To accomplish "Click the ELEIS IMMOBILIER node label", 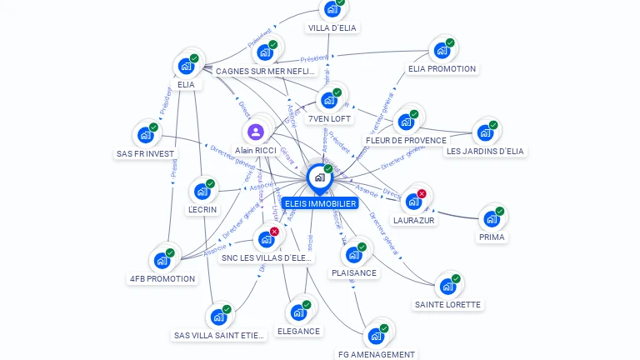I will (x=320, y=203).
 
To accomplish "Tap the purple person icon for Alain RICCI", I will (x=256, y=132).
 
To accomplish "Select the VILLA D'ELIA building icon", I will (x=332, y=9).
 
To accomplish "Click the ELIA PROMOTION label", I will (x=442, y=69).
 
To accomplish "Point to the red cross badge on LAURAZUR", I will (x=422, y=193).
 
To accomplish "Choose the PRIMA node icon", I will (x=491, y=219).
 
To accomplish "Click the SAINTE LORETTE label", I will (x=447, y=305).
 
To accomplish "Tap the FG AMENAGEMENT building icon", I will (x=375, y=336).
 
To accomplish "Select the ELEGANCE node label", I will (x=298, y=332).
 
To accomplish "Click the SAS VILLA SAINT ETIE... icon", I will (x=218, y=317).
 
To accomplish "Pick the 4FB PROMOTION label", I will (x=162, y=279).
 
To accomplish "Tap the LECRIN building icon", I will (x=202, y=191).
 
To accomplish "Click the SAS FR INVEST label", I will (x=146, y=154).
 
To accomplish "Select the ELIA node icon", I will (x=186, y=66).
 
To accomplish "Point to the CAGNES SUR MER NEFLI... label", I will (x=265, y=72).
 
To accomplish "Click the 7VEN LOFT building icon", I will (x=329, y=100).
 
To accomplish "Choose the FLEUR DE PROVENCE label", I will (x=406, y=141).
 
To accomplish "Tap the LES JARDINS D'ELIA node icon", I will (x=484, y=132).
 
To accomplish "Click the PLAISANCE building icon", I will (x=353, y=254).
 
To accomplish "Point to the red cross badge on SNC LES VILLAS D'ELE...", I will (x=274, y=232).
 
